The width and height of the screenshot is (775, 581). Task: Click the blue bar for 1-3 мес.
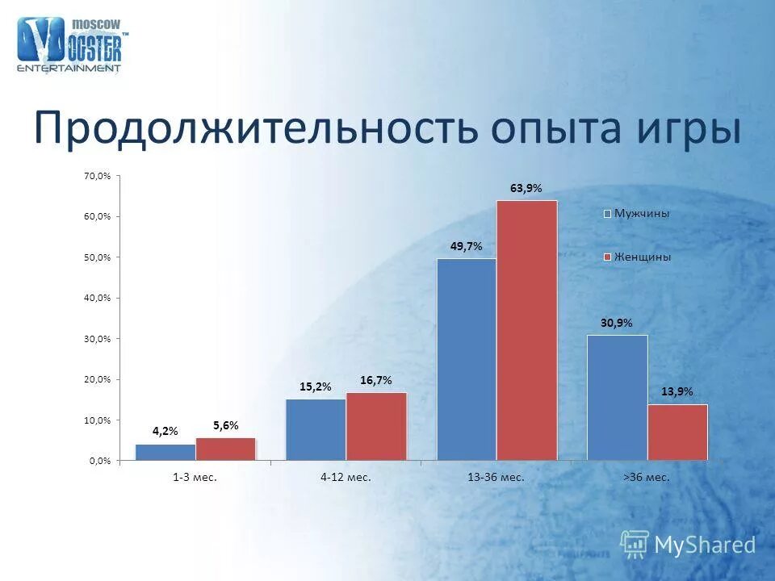pos(165,453)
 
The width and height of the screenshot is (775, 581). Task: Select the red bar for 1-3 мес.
pos(225,449)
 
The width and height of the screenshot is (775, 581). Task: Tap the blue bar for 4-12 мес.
pos(316,429)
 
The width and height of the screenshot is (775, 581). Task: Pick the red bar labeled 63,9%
pos(526,331)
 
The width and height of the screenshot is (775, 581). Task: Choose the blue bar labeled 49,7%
pos(466,359)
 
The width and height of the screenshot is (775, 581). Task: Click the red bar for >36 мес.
pos(677,433)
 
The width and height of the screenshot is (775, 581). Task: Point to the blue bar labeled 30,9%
pos(617,398)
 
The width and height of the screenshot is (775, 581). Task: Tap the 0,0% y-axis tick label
pos(100,461)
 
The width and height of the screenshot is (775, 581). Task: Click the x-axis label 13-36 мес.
pos(496,478)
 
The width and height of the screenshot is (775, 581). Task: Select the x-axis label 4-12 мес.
pos(346,478)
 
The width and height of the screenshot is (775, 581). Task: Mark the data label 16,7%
pos(376,379)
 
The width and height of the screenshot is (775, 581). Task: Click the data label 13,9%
pos(677,391)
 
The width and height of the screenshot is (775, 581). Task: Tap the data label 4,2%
pos(165,432)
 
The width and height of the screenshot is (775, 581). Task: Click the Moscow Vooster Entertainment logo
pos(71,45)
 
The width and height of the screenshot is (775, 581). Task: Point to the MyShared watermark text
pos(705,545)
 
